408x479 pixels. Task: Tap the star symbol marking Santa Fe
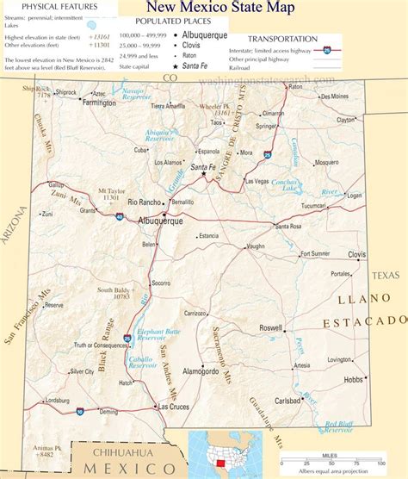(x=204, y=175)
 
